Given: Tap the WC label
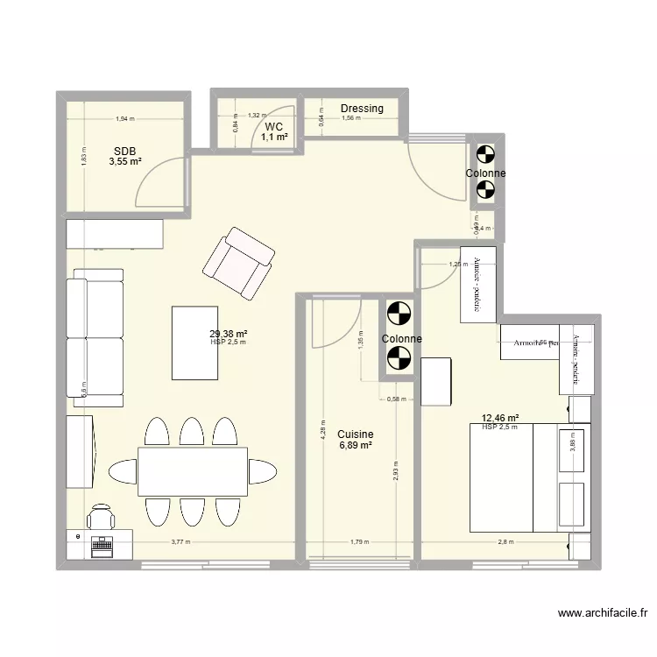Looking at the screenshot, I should point(274,127).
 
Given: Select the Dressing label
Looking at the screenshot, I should point(362,109).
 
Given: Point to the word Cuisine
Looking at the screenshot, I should point(355,434).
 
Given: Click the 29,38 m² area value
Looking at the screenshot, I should point(228,333).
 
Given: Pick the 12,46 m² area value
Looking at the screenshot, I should point(499,418).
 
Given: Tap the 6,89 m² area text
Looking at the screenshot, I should point(355,445).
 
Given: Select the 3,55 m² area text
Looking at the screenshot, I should point(125,161).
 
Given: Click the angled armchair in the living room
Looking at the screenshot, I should point(238,262).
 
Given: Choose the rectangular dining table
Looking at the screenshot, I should point(193,472).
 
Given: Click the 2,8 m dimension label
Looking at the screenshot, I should point(505,542).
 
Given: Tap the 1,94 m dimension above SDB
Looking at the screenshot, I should point(125,119).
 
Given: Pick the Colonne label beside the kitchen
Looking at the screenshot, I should point(401,339).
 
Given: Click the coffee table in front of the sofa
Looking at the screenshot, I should point(194,343).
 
